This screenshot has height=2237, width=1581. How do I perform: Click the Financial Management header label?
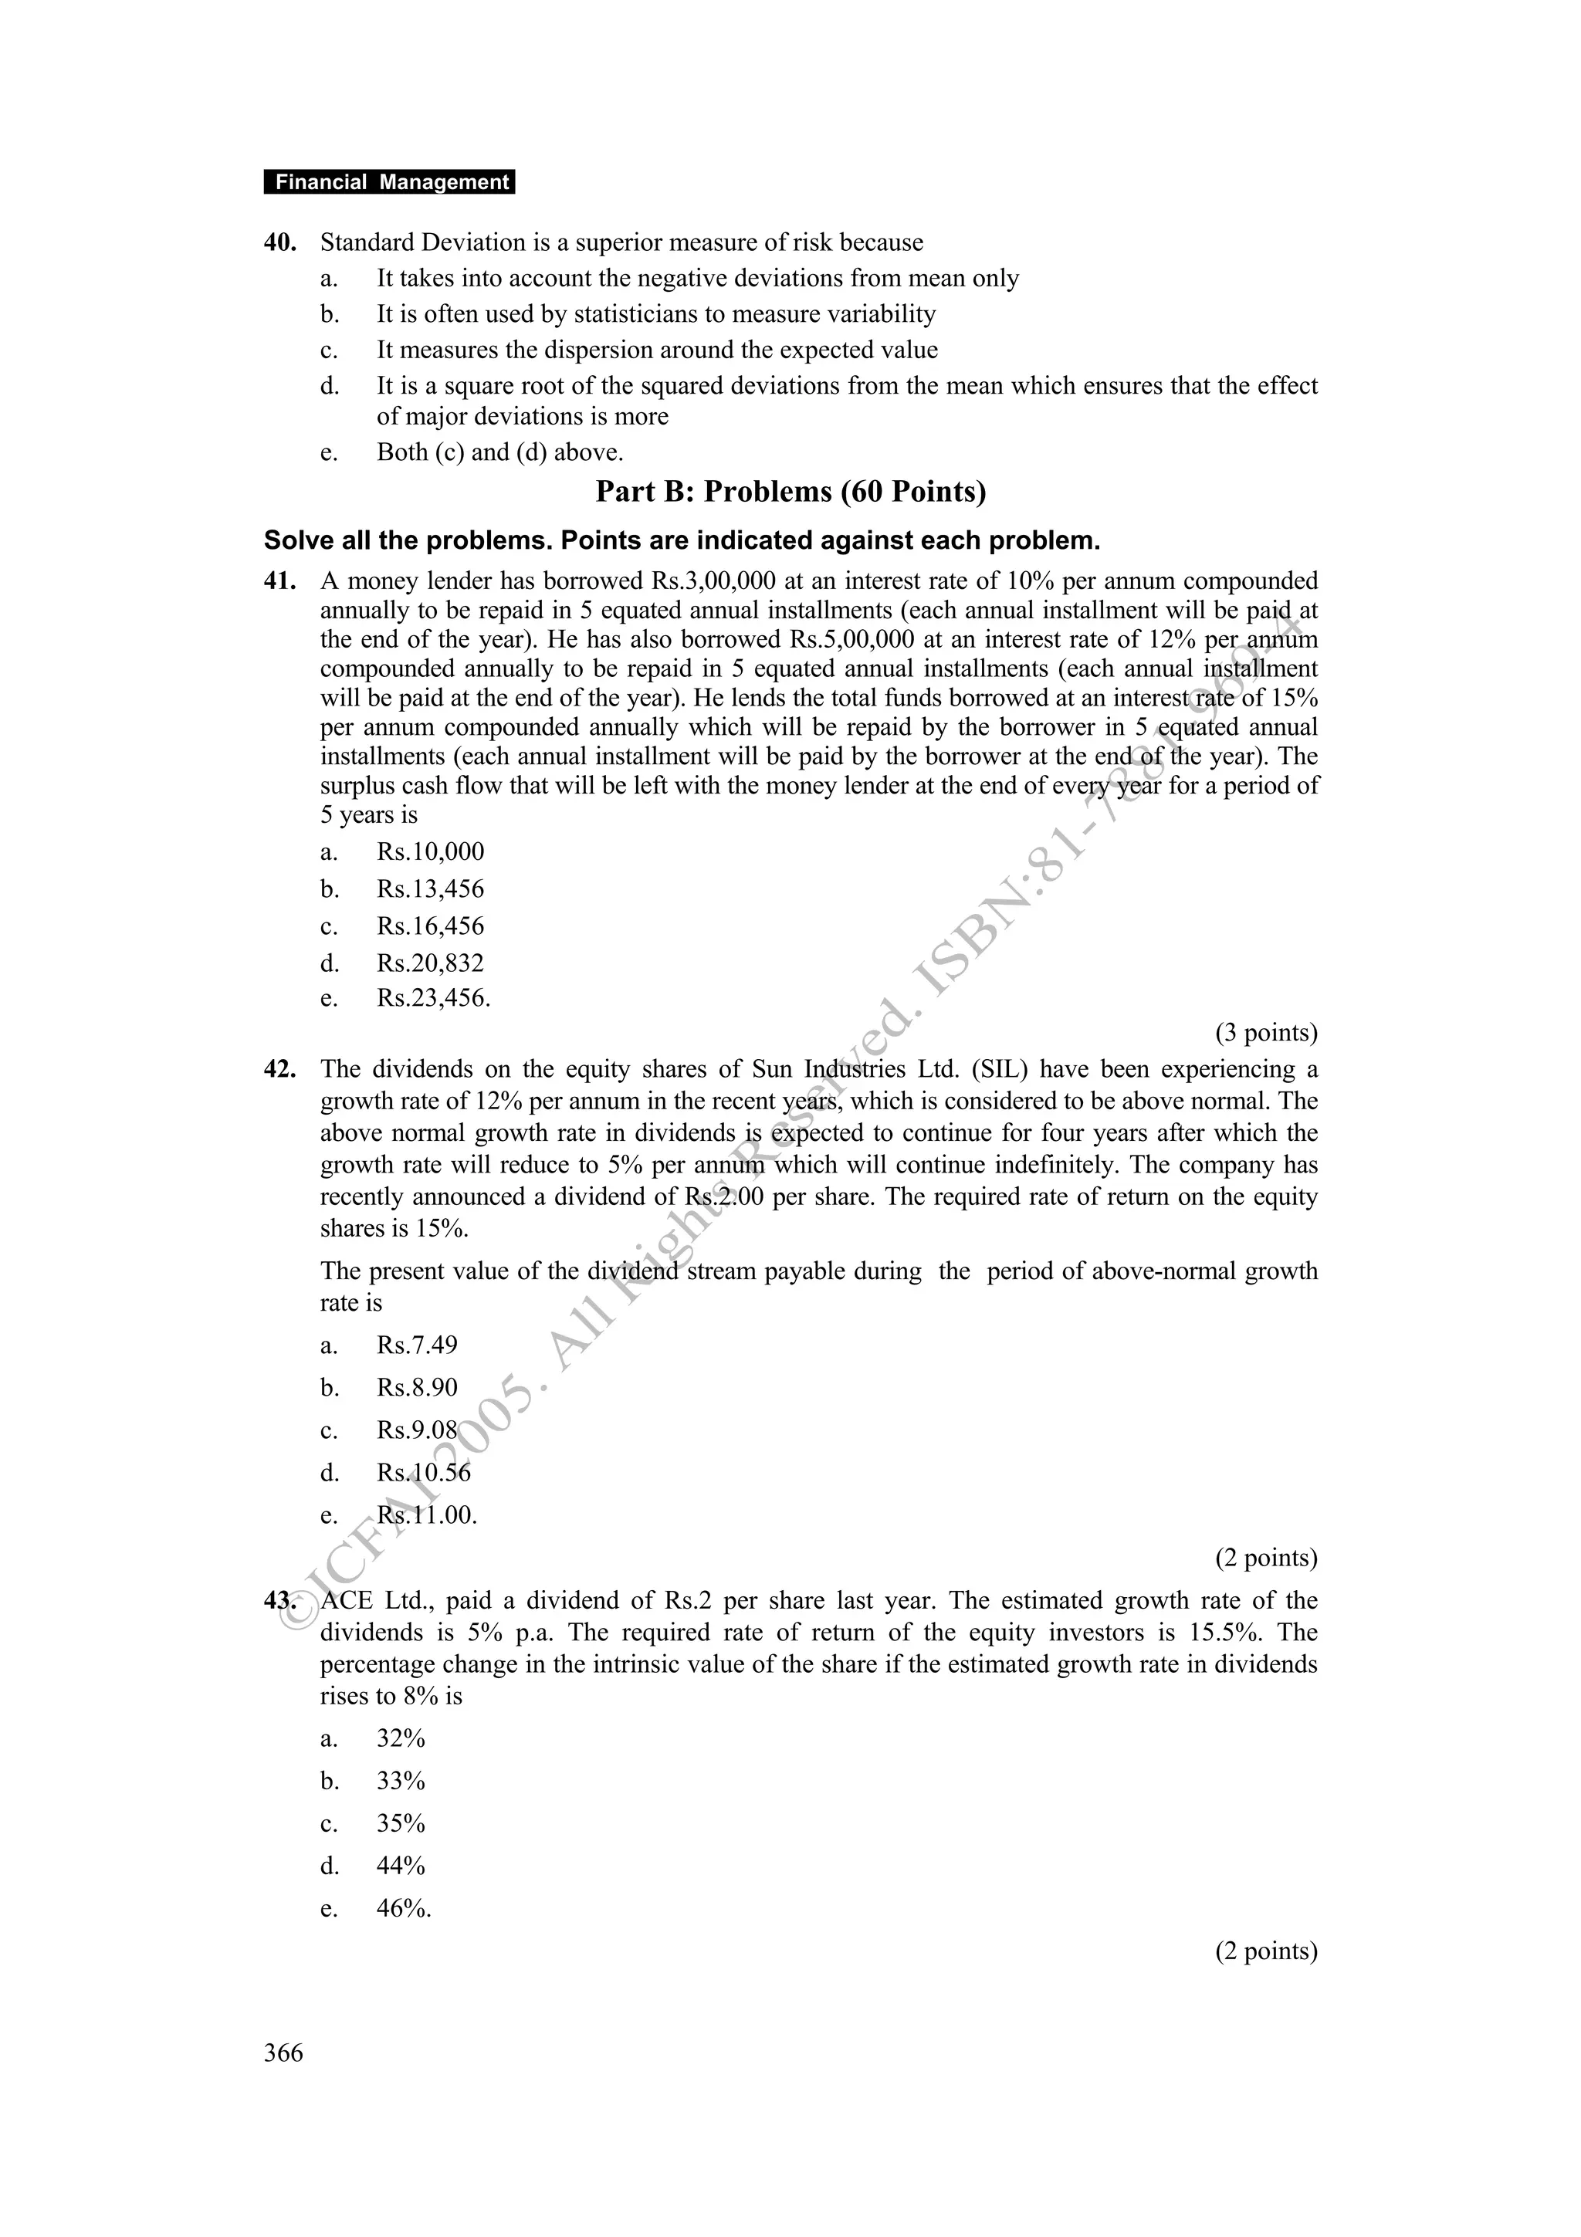390,182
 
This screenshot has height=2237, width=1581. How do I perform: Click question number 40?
279,242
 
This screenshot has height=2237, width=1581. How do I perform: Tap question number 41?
279,582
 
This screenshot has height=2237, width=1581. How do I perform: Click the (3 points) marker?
1265,1033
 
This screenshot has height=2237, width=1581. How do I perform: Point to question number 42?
279,1070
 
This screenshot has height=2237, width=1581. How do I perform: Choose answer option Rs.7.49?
417,1345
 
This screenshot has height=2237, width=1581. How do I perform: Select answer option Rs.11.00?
427,1515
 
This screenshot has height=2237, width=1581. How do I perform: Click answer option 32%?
401,1739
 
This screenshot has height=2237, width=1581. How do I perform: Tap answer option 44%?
401,1866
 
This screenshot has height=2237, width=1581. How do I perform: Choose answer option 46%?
403,1909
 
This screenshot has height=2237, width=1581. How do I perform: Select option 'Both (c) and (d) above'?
499,452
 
